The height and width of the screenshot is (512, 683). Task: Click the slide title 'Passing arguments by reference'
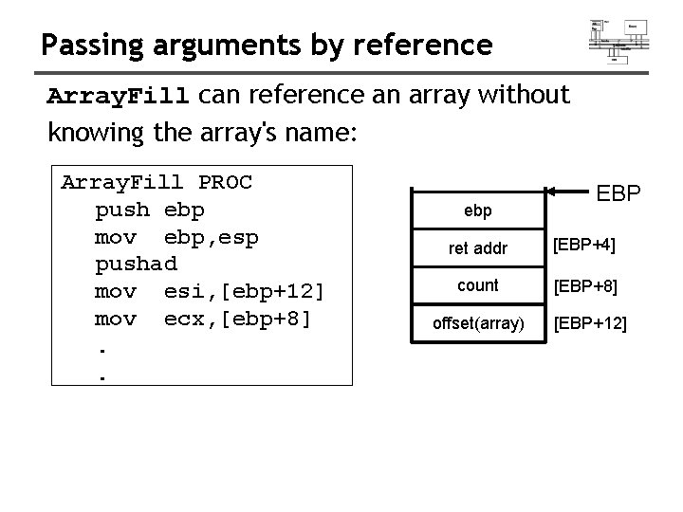pyautogui.click(x=267, y=44)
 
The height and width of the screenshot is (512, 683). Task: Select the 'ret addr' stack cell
pyautogui.click(x=478, y=248)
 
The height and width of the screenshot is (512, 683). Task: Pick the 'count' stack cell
pyautogui.click(x=478, y=285)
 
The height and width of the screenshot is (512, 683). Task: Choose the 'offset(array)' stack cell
pyautogui.click(x=478, y=323)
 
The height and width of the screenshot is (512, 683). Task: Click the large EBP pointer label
pyautogui.click(x=618, y=193)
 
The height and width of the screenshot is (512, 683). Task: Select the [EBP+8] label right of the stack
pyautogui.click(x=585, y=285)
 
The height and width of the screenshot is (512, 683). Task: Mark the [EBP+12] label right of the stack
pyautogui.click(x=590, y=323)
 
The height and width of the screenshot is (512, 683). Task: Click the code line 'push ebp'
pyautogui.click(x=149, y=209)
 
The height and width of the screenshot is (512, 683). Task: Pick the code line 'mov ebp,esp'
pyautogui.click(x=176, y=236)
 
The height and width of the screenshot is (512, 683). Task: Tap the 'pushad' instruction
pyautogui.click(x=136, y=264)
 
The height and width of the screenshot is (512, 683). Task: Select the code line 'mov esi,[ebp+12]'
pyautogui.click(x=210, y=291)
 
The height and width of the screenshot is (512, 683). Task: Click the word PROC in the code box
pyautogui.click(x=226, y=181)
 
